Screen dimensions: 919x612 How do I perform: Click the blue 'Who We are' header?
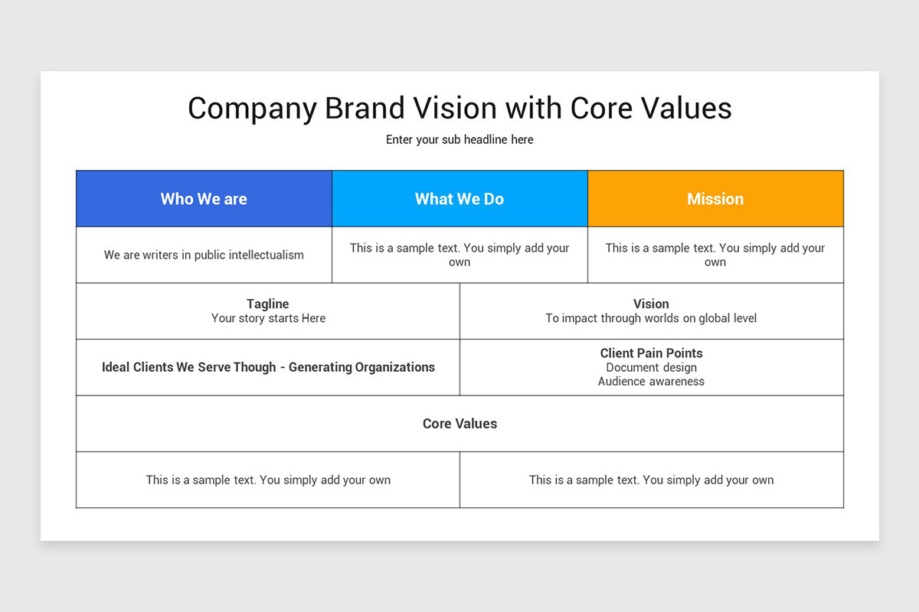coord(204,199)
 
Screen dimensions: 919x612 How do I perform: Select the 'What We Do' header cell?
coord(460,199)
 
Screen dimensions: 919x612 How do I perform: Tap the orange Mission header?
coord(715,199)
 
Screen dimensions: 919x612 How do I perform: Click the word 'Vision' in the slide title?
coord(456,108)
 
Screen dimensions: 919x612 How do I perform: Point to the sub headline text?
coord(459,140)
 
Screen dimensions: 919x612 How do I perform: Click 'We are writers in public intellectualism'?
coord(204,255)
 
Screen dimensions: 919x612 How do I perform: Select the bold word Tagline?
coord(268,304)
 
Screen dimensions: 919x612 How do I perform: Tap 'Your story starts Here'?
coord(268,318)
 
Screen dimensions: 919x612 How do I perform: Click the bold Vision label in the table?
coord(651,304)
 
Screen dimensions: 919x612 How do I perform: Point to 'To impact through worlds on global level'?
coord(651,318)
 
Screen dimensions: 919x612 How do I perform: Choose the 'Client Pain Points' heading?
coord(651,353)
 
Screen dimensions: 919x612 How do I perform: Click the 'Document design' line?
coord(651,367)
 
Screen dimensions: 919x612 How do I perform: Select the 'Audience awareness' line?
coord(651,382)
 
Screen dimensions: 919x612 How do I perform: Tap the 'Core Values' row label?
coord(459,424)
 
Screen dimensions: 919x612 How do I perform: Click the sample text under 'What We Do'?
coord(459,255)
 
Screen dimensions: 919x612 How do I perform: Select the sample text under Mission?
coord(715,255)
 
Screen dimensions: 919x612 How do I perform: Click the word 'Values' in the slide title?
coord(686,108)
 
